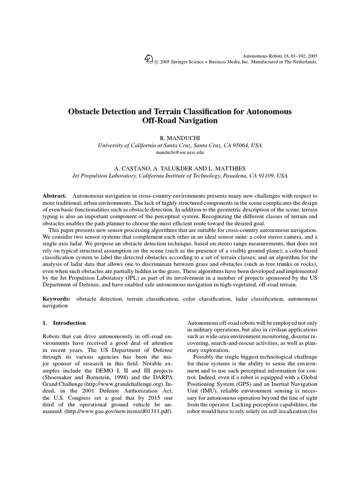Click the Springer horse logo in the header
tap(149, 58)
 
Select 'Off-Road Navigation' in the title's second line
tap(180, 121)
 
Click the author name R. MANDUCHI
tap(180, 138)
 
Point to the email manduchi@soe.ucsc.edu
tap(180, 152)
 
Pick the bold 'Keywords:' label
tap(57, 299)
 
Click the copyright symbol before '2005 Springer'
tap(156, 62)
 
